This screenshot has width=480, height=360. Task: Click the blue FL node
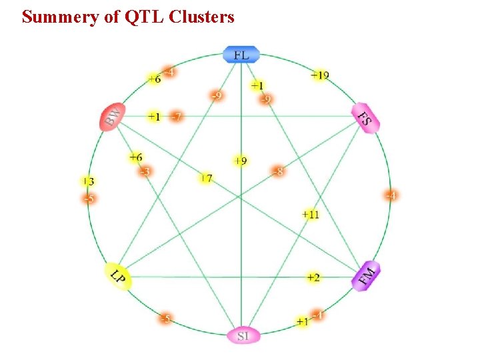click(x=241, y=55)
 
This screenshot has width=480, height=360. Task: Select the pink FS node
click(x=366, y=118)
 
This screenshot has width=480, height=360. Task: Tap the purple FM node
click(x=366, y=275)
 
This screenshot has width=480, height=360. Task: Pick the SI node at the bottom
click(x=243, y=335)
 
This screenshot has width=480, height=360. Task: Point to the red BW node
click(x=113, y=118)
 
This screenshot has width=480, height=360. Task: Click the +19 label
click(x=319, y=75)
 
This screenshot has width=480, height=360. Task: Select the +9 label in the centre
click(x=240, y=161)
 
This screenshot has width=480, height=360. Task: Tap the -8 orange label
click(x=278, y=171)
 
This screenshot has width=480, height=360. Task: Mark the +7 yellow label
click(x=205, y=178)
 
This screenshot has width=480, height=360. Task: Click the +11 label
click(x=310, y=215)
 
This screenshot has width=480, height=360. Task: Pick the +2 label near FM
click(x=313, y=277)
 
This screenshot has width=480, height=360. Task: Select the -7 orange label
click(x=176, y=117)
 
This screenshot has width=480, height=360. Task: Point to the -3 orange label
click(x=144, y=172)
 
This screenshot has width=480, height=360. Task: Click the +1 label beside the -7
click(x=154, y=117)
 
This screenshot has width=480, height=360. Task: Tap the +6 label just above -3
click(x=135, y=157)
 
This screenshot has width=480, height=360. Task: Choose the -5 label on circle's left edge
click(x=87, y=198)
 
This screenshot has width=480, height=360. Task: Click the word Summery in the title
click(x=60, y=17)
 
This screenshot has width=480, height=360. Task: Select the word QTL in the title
click(x=143, y=17)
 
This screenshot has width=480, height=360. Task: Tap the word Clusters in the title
click(x=201, y=17)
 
